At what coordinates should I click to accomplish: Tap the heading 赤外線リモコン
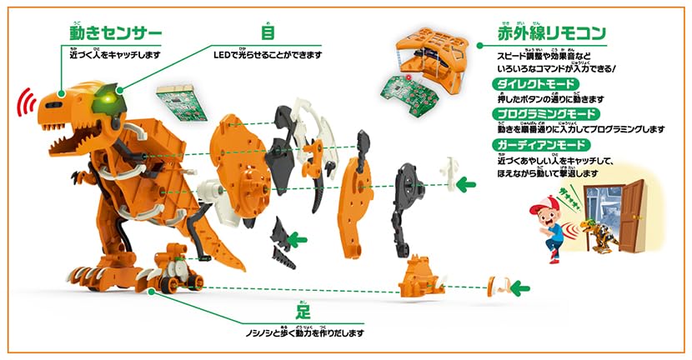pos(552,33)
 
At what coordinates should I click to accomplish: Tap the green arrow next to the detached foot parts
pos(520,288)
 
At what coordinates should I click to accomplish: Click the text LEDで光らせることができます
pos(267,55)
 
